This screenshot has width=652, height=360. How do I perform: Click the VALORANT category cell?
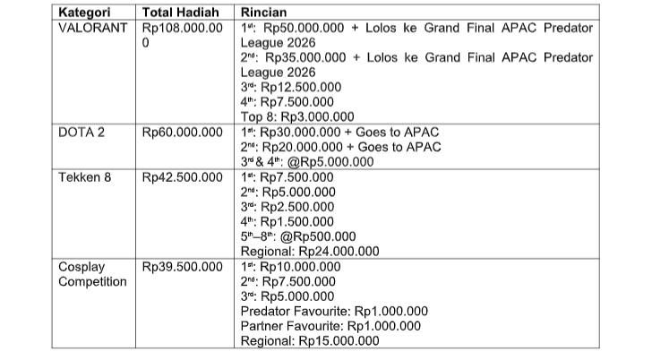tap(95, 28)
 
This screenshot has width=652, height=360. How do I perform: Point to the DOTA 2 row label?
tap(81, 133)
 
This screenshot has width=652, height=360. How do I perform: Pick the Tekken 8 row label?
tap(85, 176)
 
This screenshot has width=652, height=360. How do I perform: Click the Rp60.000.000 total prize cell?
tap(183, 133)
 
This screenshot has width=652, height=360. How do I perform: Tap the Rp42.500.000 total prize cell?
tap(183, 176)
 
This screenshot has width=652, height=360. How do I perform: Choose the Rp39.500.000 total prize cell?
tap(183, 267)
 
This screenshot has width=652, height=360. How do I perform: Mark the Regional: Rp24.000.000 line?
tap(310, 251)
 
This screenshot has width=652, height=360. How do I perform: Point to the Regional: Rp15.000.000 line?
tap(310, 341)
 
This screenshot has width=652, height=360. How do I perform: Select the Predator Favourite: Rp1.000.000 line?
tap(334, 312)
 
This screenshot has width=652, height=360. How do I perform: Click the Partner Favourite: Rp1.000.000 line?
tap(330, 326)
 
